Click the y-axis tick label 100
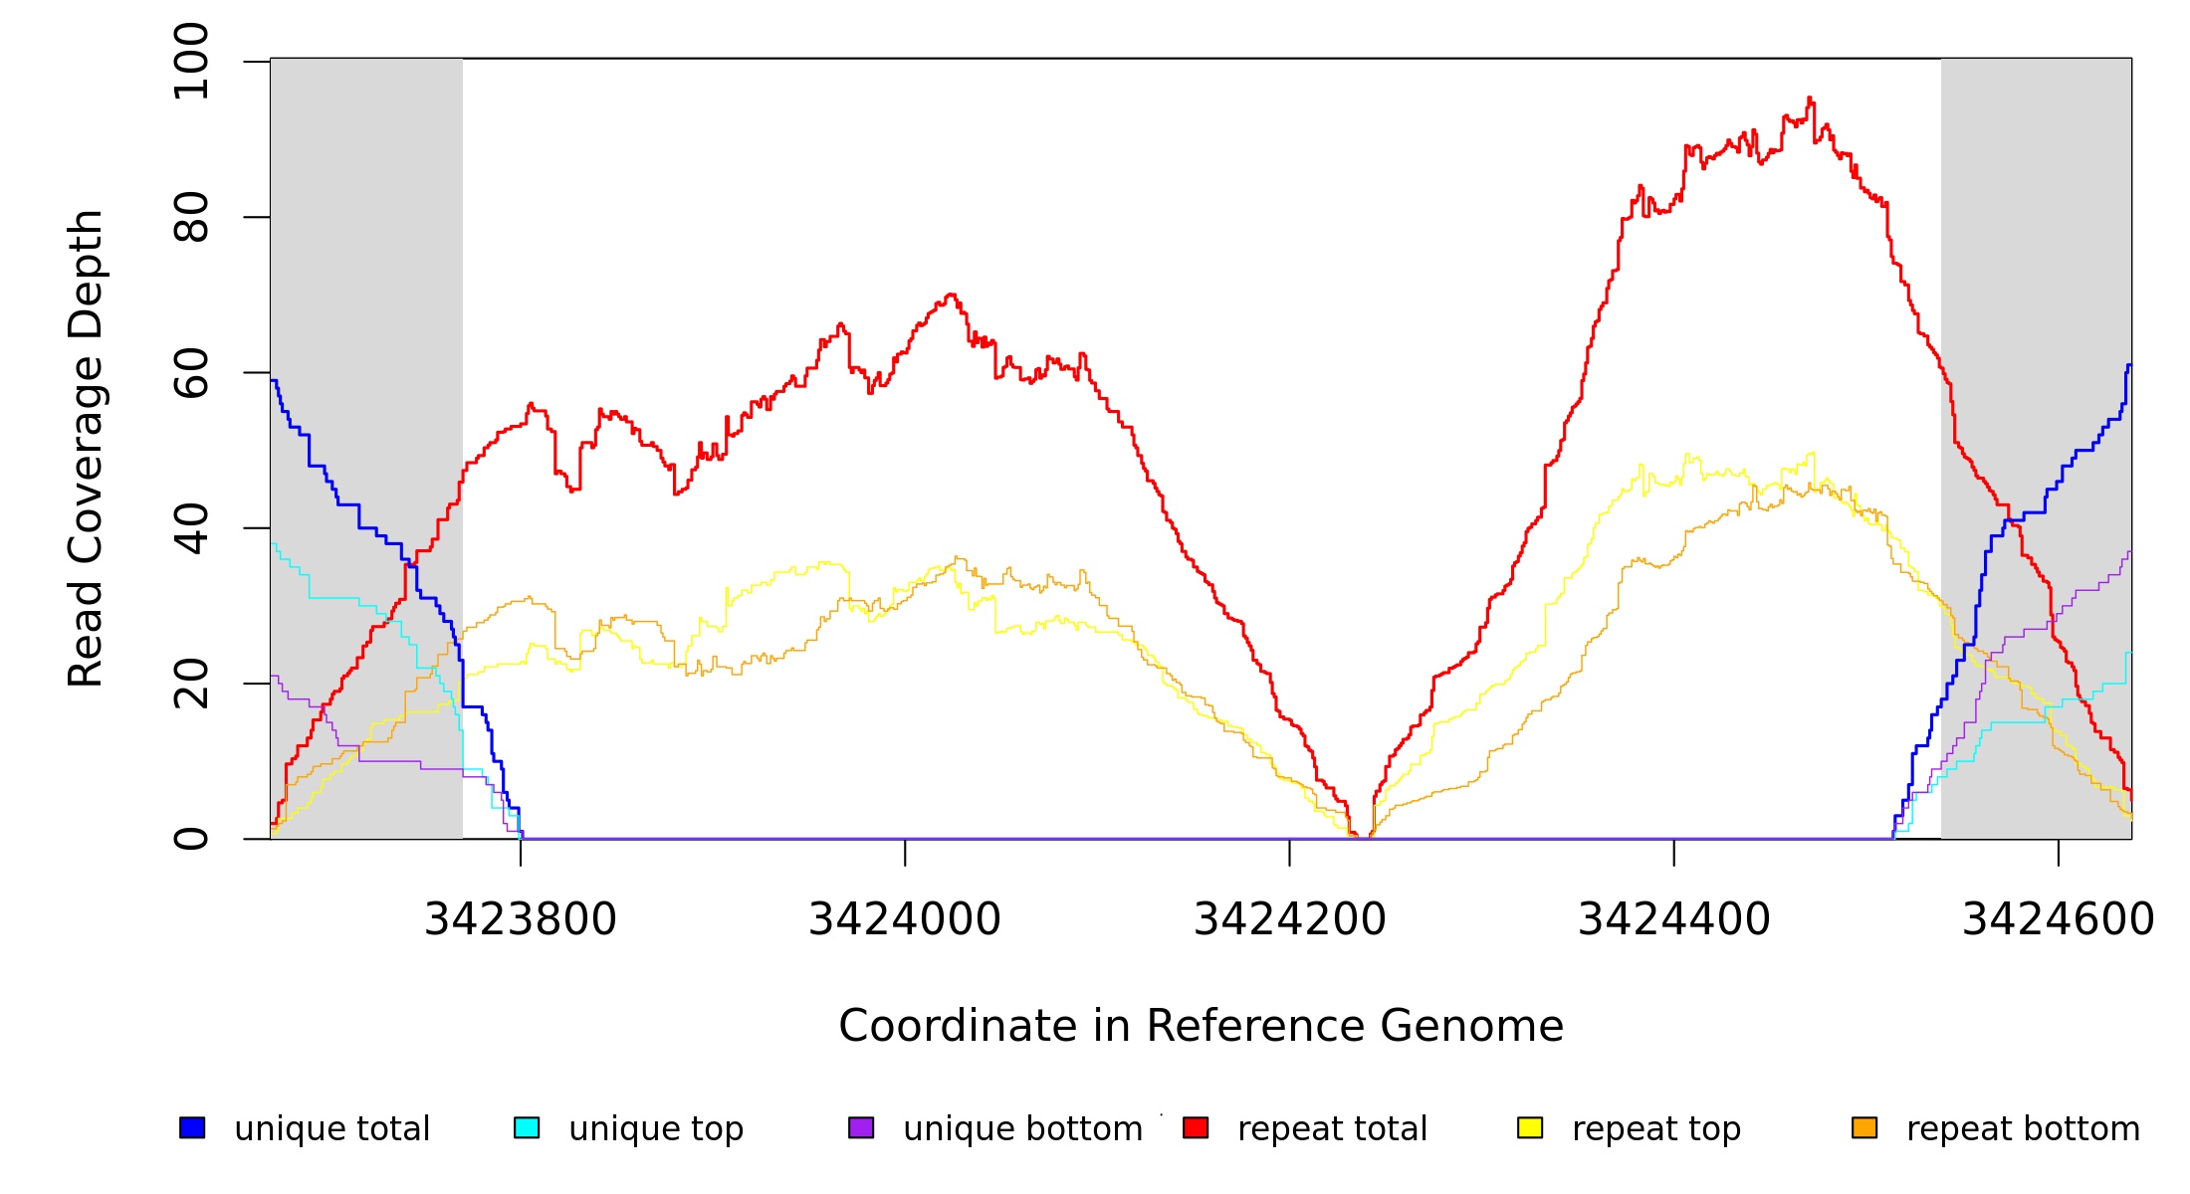(x=191, y=62)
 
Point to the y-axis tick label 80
(x=191, y=217)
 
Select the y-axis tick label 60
(x=191, y=373)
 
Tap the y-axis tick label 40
(x=191, y=528)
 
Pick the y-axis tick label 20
(x=191, y=684)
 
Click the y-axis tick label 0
(x=191, y=839)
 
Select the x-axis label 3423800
(x=521, y=919)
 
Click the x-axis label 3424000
(x=905, y=919)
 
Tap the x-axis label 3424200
(x=1290, y=919)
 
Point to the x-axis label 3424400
(x=1674, y=919)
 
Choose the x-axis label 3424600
(x=2059, y=919)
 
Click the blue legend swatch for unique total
(x=192, y=1127)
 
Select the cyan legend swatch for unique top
(x=527, y=1127)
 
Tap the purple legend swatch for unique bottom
(x=861, y=1127)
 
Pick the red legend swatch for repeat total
(x=1196, y=1127)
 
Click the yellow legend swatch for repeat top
(x=1530, y=1127)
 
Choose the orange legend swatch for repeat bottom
(x=1864, y=1127)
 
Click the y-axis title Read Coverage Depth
(x=86, y=448)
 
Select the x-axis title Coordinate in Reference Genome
(x=1201, y=1026)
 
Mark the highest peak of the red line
(x=1810, y=98)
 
